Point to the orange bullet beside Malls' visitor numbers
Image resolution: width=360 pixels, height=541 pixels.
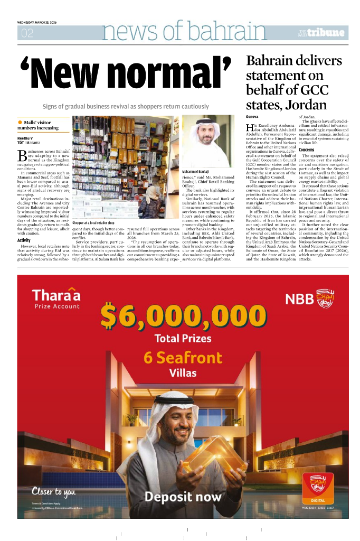tap(20, 122)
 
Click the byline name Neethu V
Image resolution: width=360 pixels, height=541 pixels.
tap(25, 138)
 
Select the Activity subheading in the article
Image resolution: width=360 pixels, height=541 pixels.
tap(24, 240)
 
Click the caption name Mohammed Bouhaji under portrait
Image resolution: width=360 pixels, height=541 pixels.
tap(195, 172)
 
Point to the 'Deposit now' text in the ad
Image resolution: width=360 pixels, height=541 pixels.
tap(183, 497)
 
